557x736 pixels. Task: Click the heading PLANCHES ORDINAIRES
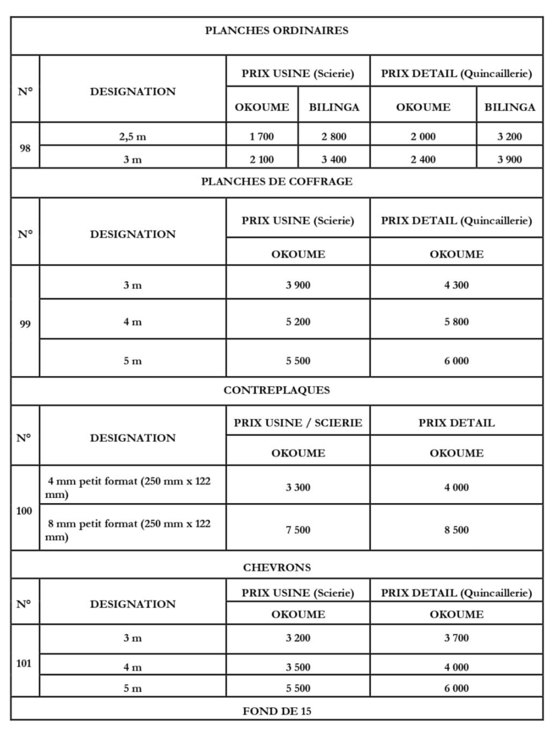click(277, 31)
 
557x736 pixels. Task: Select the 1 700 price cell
click(262, 137)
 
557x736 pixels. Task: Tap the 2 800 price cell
click(334, 137)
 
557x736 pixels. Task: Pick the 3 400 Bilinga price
click(334, 160)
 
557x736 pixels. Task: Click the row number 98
click(25, 148)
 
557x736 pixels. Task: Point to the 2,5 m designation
click(133, 137)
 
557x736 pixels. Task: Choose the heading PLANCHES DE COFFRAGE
click(277, 182)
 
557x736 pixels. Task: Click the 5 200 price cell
click(298, 322)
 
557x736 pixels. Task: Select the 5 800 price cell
click(456, 322)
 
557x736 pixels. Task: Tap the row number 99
click(25, 324)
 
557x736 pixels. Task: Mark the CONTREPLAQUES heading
click(277, 390)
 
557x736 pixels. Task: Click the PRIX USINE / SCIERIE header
click(298, 423)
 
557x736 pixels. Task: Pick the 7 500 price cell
click(298, 530)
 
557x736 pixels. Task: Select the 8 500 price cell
click(456, 530)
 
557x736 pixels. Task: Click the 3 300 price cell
click(298, 488)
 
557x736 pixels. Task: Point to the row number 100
click(24, 511)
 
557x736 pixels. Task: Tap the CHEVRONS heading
click(277, 568)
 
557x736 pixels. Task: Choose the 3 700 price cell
click(456, 638)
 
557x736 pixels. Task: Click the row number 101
click(24, 664)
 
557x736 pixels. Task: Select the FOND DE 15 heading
click(277, 711)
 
